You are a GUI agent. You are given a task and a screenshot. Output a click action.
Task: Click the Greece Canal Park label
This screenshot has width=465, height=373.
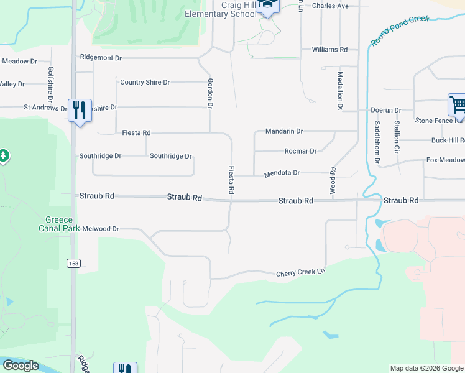[60, 224]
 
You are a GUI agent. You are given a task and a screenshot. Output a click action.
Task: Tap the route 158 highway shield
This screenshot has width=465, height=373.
[73, 263]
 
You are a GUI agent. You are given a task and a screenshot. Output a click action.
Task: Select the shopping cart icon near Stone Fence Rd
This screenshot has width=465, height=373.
[457, 106]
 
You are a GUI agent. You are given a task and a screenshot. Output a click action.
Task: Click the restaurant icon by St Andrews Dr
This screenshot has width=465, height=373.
[80, 111]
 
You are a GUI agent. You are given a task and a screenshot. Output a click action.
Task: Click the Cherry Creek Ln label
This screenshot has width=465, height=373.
[300, 273]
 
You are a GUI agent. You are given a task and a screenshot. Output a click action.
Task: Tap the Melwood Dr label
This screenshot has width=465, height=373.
[100, 229]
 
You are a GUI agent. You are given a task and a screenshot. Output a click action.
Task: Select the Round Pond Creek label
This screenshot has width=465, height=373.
[400, 30]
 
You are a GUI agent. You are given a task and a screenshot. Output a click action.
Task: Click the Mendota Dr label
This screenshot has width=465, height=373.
[282, 173]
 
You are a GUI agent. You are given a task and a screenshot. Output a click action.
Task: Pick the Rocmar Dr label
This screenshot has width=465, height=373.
[300, 151]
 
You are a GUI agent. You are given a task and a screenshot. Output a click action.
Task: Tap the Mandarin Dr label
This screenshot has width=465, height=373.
[283, 131]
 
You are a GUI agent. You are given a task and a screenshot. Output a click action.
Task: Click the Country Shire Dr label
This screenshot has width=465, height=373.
[145, 82]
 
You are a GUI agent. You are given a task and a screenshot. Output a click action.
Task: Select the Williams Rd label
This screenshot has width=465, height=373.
[329, 49]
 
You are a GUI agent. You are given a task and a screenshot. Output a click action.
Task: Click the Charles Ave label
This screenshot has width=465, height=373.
[330, 6]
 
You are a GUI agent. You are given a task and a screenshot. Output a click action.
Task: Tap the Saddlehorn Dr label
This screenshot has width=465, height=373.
[377, 142]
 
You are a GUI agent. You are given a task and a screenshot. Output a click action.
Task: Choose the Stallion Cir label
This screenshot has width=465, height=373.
[396, 137]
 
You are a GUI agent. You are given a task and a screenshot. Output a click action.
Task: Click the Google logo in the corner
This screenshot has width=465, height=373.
[20, 366]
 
